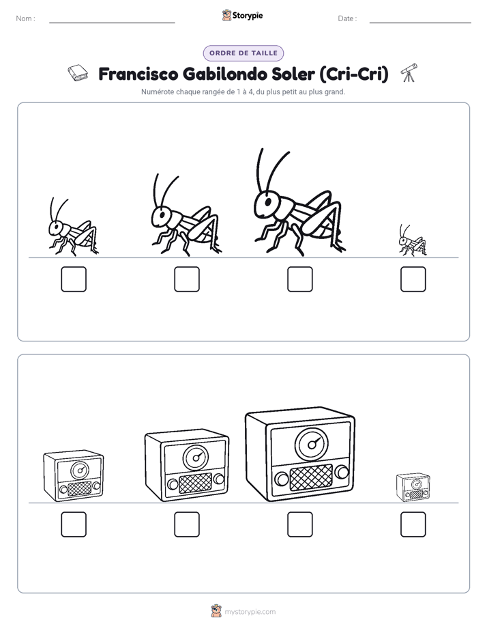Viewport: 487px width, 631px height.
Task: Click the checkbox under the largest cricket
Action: [299, 279]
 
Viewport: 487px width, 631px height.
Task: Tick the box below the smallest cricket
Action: [413, 279]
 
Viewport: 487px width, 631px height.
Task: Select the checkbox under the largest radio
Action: [299, 524]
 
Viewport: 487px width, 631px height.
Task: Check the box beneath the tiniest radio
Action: [413, 524]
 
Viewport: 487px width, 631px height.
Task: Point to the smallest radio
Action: [413, 488]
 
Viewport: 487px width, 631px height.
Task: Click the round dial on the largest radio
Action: [312, 445]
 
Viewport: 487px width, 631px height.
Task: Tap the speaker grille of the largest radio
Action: [311, 477]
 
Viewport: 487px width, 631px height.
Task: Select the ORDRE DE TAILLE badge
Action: [243, 53]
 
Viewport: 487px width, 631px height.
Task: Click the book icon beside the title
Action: [78, 73]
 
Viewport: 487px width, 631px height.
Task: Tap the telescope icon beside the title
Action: [409, 73]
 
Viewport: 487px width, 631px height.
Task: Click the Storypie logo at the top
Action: [242, 15]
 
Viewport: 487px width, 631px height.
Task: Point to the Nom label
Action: [26, 18]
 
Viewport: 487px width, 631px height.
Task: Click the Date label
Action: [347, 18]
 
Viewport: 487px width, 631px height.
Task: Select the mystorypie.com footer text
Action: [250, 612]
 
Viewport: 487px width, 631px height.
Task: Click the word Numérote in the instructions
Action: [158, 92]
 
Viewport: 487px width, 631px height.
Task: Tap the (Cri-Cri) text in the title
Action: [354, 74]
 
